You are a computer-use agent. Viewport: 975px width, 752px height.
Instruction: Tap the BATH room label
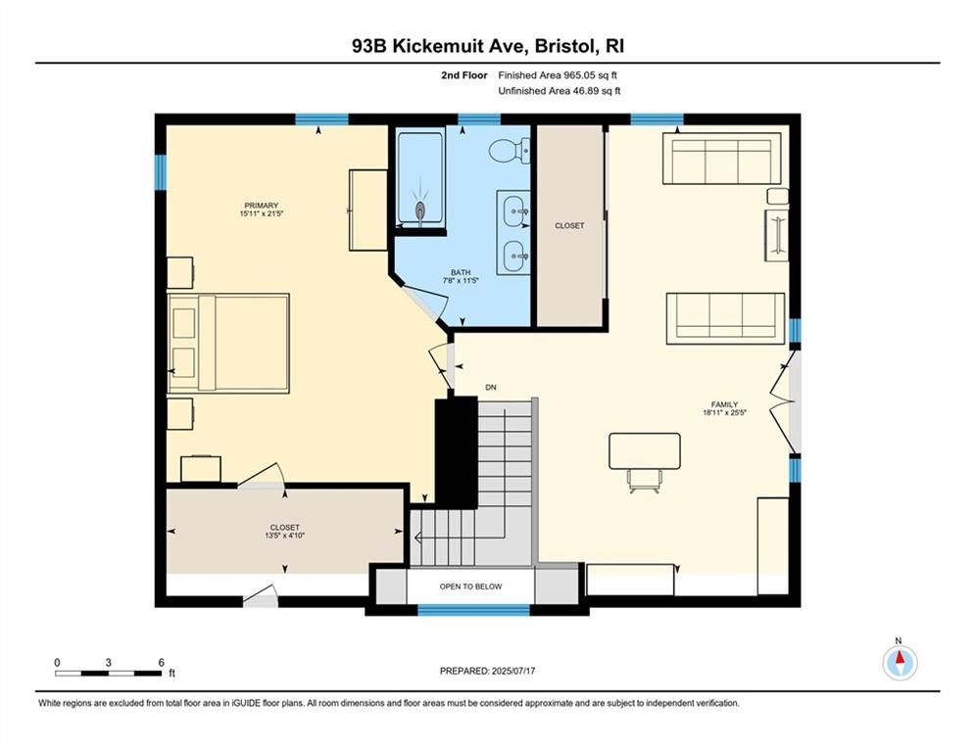pyautogui.click(x=461, y=273)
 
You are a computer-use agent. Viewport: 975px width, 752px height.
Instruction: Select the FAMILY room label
pyautogui.click(x=724, y=404)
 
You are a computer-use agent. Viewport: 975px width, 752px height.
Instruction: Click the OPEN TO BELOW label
pyautogui.click(x=470, y=587)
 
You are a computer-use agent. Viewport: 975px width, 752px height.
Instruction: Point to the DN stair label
pyautogui.click(x=491, y=387)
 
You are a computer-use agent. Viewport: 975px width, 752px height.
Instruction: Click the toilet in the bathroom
pyautogui.click(x=508, y=151)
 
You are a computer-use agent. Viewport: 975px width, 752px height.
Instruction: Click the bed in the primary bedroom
pyautogui.click(x=228, y=343)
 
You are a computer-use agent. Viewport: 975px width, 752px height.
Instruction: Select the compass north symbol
pyautogui.click(x=899, y=662)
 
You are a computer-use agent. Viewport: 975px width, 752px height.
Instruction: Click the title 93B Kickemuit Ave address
pyautogui.click(x=487, y=46)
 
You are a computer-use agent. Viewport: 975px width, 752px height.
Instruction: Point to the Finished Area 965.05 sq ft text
pyautogui.click(x=559, y=75)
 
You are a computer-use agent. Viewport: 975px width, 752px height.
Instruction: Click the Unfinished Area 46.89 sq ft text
pyautogui.click(x=559, y=91)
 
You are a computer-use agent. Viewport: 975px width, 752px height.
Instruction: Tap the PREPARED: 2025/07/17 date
pyautogui.click(x=487, y=671)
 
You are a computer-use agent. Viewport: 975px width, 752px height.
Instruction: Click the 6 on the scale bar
pyautogui.click(x=161, y=662)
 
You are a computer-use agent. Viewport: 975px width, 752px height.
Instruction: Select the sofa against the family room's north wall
pyautogui.click(x=721, y=159)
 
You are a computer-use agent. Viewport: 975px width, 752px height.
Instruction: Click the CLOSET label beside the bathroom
pyautogui.click(x=569, y=225)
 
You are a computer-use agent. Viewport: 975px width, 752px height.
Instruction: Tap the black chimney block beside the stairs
pyautogui.click(x=455, y=449)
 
